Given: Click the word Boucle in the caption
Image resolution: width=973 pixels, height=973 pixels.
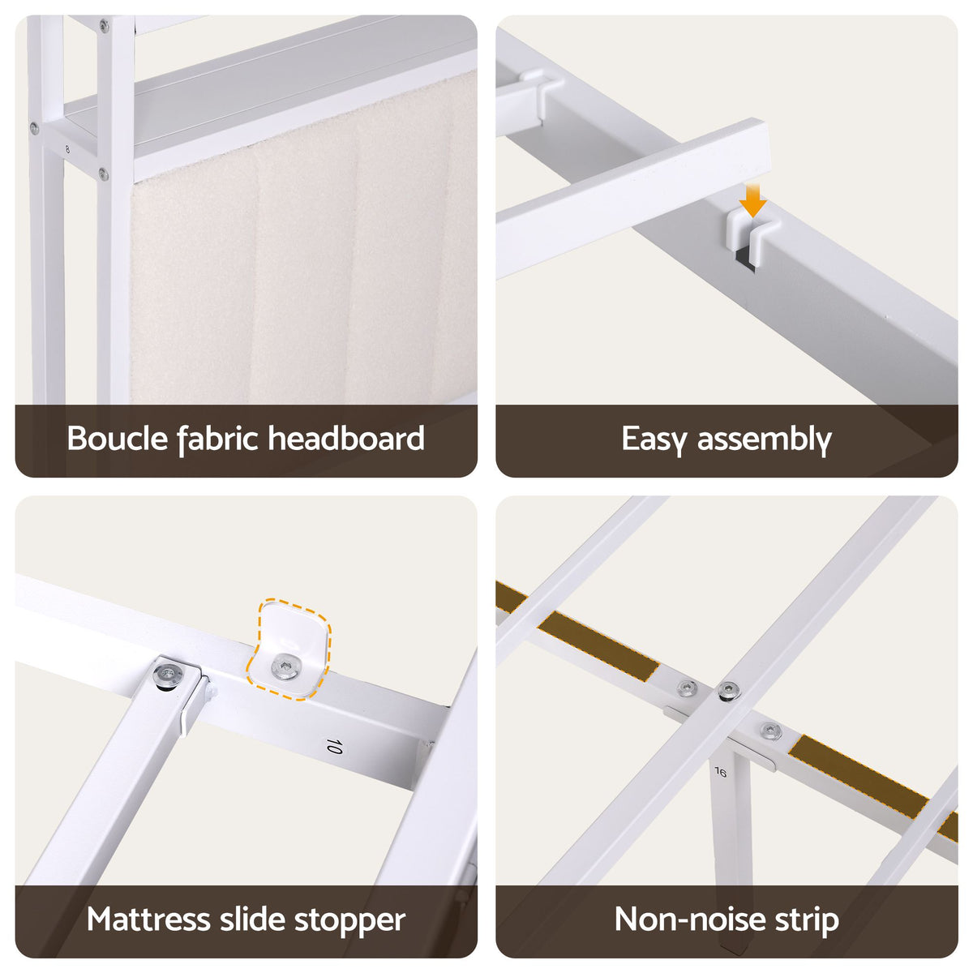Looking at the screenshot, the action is pyautogui.click(x=117, y=439).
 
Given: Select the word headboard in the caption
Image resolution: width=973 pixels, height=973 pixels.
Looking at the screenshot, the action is pyautogui.click(x=346, y=439).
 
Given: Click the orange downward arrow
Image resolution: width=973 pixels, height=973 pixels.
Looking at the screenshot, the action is pyautogui.click(x=752, y=200).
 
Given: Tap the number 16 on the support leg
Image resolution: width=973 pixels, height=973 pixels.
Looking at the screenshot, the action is pyautogui.click(x=721, y=772).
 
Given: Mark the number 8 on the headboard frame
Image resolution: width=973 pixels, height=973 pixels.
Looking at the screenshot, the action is pyautogui.click(x=67, y=149).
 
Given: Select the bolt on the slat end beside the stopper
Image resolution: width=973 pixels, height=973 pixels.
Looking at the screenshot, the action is pyautogui.click(x=168, y=674).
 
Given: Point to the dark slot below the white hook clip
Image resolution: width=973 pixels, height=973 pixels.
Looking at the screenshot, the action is pyautogui.click(x=745, y=259).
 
